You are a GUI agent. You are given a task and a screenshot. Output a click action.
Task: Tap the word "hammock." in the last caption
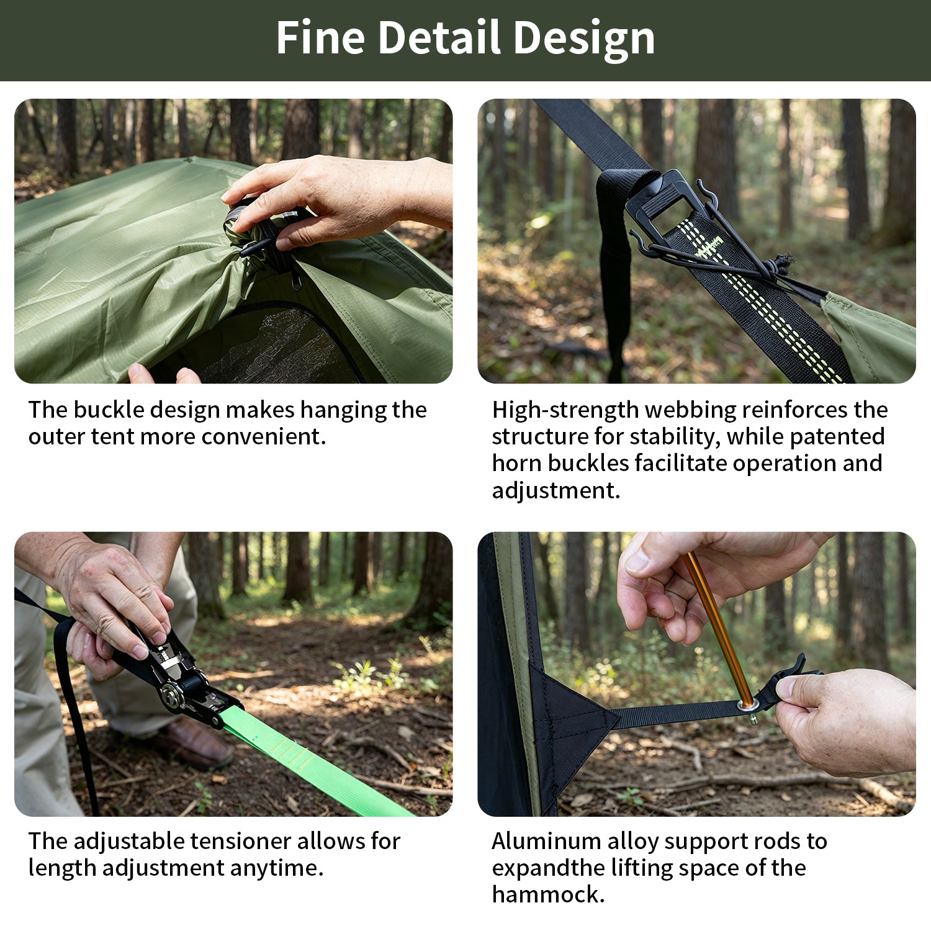pyautogui.click(x=548, y=894)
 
